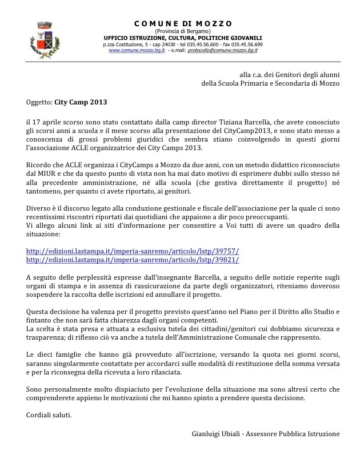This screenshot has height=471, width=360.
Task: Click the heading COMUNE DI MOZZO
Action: click(183, 23)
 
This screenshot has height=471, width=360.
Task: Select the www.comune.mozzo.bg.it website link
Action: click(137, 50)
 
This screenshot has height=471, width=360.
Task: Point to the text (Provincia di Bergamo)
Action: click(183, 31)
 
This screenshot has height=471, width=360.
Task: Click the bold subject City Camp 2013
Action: click(81, 103)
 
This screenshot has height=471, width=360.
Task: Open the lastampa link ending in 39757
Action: click(133, 251)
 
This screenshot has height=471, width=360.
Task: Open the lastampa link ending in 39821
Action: click(133, 260)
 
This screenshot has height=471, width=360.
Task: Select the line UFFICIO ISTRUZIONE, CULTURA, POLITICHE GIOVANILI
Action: click(183, 37)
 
